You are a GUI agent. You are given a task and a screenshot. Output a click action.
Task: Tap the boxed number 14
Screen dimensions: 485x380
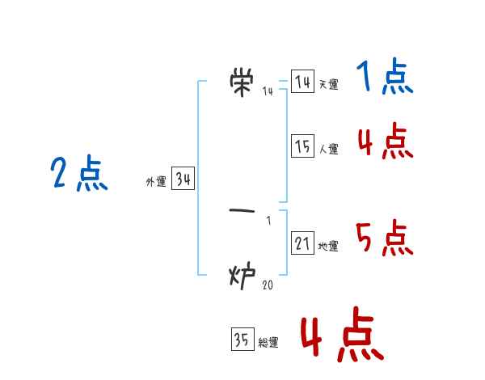[x=302, y=82]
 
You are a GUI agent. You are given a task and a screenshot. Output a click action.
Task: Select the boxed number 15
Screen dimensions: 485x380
[x=302, y=146]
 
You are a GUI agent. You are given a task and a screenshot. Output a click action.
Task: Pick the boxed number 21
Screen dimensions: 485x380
[x=302, y=243]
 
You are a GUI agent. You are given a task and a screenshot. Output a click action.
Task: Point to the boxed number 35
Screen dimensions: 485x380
[x=242, y=340]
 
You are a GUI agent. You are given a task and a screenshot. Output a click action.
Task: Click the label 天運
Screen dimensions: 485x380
[x=328, y=85]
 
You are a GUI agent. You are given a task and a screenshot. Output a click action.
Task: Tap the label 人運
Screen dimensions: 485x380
[x=328, y=150]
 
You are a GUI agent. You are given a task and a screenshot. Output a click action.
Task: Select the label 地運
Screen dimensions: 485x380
[x=328, y=247]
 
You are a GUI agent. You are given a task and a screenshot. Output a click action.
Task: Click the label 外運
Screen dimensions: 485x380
[x=155, y=183]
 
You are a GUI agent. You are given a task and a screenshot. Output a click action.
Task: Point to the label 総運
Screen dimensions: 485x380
[x=268, y=344]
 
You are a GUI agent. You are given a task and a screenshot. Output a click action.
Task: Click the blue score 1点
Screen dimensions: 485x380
[x=385, y=79]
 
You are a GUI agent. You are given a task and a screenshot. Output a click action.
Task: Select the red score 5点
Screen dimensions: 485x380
[x=385, y=239]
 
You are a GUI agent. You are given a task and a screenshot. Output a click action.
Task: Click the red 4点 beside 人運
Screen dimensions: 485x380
[x=385, y=142]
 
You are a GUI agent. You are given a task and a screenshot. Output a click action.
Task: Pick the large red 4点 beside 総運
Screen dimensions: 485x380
[x=341, y=335]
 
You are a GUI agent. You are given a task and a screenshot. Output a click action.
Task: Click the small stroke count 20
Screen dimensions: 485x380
[x=267, y=284]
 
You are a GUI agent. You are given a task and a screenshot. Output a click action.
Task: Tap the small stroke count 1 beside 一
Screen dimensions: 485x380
[x=268, y=220]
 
